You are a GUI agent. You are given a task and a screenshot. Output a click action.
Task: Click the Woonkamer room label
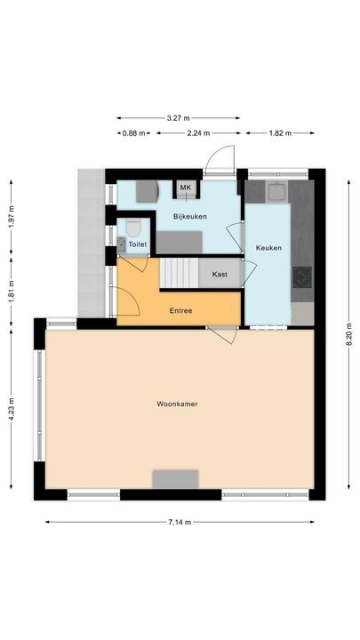click(177, 404)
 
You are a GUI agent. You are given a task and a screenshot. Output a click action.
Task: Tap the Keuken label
click(268, 248)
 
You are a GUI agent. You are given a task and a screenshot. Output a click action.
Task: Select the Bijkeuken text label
click(190, 216)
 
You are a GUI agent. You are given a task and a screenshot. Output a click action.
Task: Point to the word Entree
click(181, 311)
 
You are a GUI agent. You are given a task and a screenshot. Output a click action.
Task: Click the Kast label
click(220, 275)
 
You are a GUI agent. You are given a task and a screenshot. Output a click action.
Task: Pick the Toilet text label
click(138, 244)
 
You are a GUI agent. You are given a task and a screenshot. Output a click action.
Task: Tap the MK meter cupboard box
click(186, 188)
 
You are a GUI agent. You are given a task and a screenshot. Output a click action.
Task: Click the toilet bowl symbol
click(133, 226)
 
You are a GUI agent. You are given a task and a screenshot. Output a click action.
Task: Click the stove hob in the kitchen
click(302, 278)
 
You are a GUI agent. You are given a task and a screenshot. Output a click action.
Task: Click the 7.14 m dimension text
click(179, 522)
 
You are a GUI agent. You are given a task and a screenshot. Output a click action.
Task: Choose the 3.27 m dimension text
click(178, 116)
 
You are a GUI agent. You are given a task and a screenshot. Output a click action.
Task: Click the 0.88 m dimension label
click(133, 133)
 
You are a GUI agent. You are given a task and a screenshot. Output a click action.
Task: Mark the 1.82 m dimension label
click(279, 133)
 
